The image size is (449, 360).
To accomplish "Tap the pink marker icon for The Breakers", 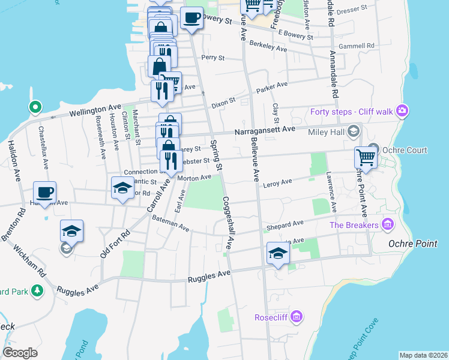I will (388, 225).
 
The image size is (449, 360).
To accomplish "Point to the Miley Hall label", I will (327, 132).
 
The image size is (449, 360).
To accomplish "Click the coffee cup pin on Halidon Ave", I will (44, 193).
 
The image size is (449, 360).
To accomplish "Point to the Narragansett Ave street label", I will (265, 129).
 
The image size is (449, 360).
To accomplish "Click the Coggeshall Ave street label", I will (227, 223).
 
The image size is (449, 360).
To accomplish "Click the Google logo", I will (20, 353).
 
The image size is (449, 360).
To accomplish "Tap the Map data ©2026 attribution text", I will (423, 355).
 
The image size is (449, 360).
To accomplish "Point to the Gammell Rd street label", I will (356, 46).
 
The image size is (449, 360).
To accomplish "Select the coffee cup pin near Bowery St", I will (192, 19).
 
